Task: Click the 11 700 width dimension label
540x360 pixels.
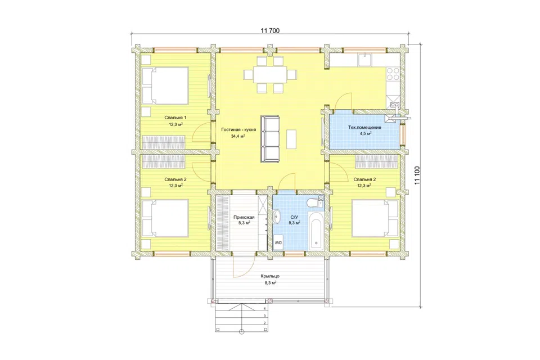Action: pyautogui.click(x=270, y=31)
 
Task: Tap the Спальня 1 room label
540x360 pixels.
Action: pyautogui.click(x=175, y=118)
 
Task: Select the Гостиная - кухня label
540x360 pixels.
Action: pyautogui.click(x=238, y=130)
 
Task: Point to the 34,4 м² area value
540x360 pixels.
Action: pyautogui.click(x=238, y=136)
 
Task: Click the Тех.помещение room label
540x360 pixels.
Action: pyautogui.click(x=364, y=128)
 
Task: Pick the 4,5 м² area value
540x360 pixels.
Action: pyautogui.click(x=364, y=133)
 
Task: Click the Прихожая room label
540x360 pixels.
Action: pyautogui.click(x=244, y=217)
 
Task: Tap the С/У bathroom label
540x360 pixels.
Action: pyautogui.click(x=294, y=217)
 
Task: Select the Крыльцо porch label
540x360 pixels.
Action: pyautogui.click(x=270, y=276)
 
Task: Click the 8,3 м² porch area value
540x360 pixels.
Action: pyautogui.click(x=270, y=283)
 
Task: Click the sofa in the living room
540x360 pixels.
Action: pyautogui.click(x=270, y=138)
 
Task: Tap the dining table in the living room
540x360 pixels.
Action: pyautogui.click(x=270, y=74)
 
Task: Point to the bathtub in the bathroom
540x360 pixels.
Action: pyautogui.click(x=315, y=231)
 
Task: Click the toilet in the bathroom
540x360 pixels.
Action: pyautogui.click(x=313, y=203)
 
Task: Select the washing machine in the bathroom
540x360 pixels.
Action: pyautogui.click(x=278, y=242)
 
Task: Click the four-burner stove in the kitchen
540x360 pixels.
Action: pyautogui.click(x=393, y=74)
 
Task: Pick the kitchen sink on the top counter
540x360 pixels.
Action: pyautogui.click(x=364, y=60)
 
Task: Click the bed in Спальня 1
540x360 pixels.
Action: pyautogui.click(x=165, y=85)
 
